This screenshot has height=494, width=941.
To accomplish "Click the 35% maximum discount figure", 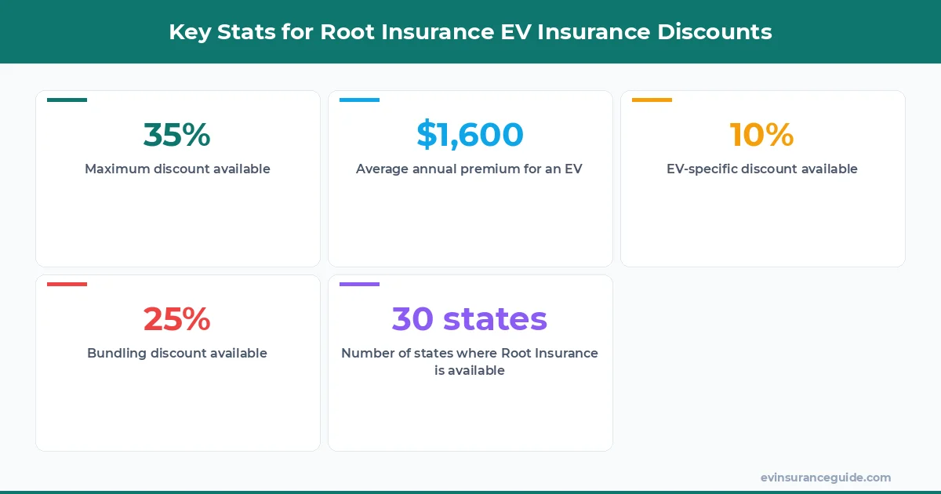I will tap(177, 135).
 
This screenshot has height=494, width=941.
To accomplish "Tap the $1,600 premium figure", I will tap(470, 135).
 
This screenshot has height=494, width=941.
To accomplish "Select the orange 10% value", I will tap(761, 135).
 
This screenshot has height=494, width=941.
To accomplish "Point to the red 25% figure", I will tap(177, 319).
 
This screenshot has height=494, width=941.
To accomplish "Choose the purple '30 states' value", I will tap(470, 319).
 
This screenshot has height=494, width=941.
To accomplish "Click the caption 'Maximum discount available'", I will tap(177, 169).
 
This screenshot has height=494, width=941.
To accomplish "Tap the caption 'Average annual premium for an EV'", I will tap(470, 169).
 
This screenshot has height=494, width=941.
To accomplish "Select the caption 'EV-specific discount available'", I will tap(762, 169).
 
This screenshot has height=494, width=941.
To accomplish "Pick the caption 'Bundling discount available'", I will tap(177, 353).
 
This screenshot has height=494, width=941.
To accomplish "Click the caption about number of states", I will tap(470, 361).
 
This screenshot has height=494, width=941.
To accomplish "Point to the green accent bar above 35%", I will tap(67, 100).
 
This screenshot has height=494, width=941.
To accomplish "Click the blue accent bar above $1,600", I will tap(359, 100).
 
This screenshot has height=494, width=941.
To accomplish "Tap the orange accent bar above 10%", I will tap(652, 100).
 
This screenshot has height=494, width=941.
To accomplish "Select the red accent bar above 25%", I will tap(67, 284).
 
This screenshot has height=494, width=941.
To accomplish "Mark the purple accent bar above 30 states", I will tap(359, 284).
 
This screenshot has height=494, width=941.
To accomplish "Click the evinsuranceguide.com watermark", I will tap(826, 477).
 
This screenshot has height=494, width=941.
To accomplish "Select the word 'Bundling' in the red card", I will tap(116, 353).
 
